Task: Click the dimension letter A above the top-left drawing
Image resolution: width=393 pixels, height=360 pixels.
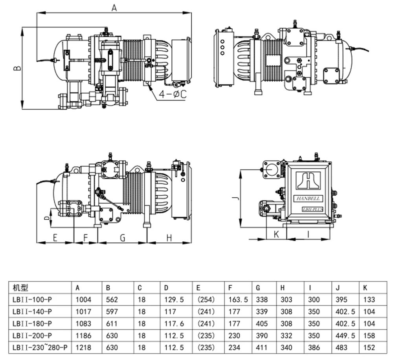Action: pos(114,7)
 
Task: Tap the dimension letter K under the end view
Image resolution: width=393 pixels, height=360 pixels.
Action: pos(276,234)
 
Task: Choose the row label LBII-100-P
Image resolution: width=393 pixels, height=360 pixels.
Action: pos(32,299)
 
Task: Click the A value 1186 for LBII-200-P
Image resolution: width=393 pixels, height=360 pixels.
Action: pos(84,336)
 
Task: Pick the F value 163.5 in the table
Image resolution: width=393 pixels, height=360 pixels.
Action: pos(238,299)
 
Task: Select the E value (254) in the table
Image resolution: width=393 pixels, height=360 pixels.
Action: pos(206,299)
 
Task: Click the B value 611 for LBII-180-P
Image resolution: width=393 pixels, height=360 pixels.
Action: pos(112,323)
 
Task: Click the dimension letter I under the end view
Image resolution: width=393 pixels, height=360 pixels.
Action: pos(309,234)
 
